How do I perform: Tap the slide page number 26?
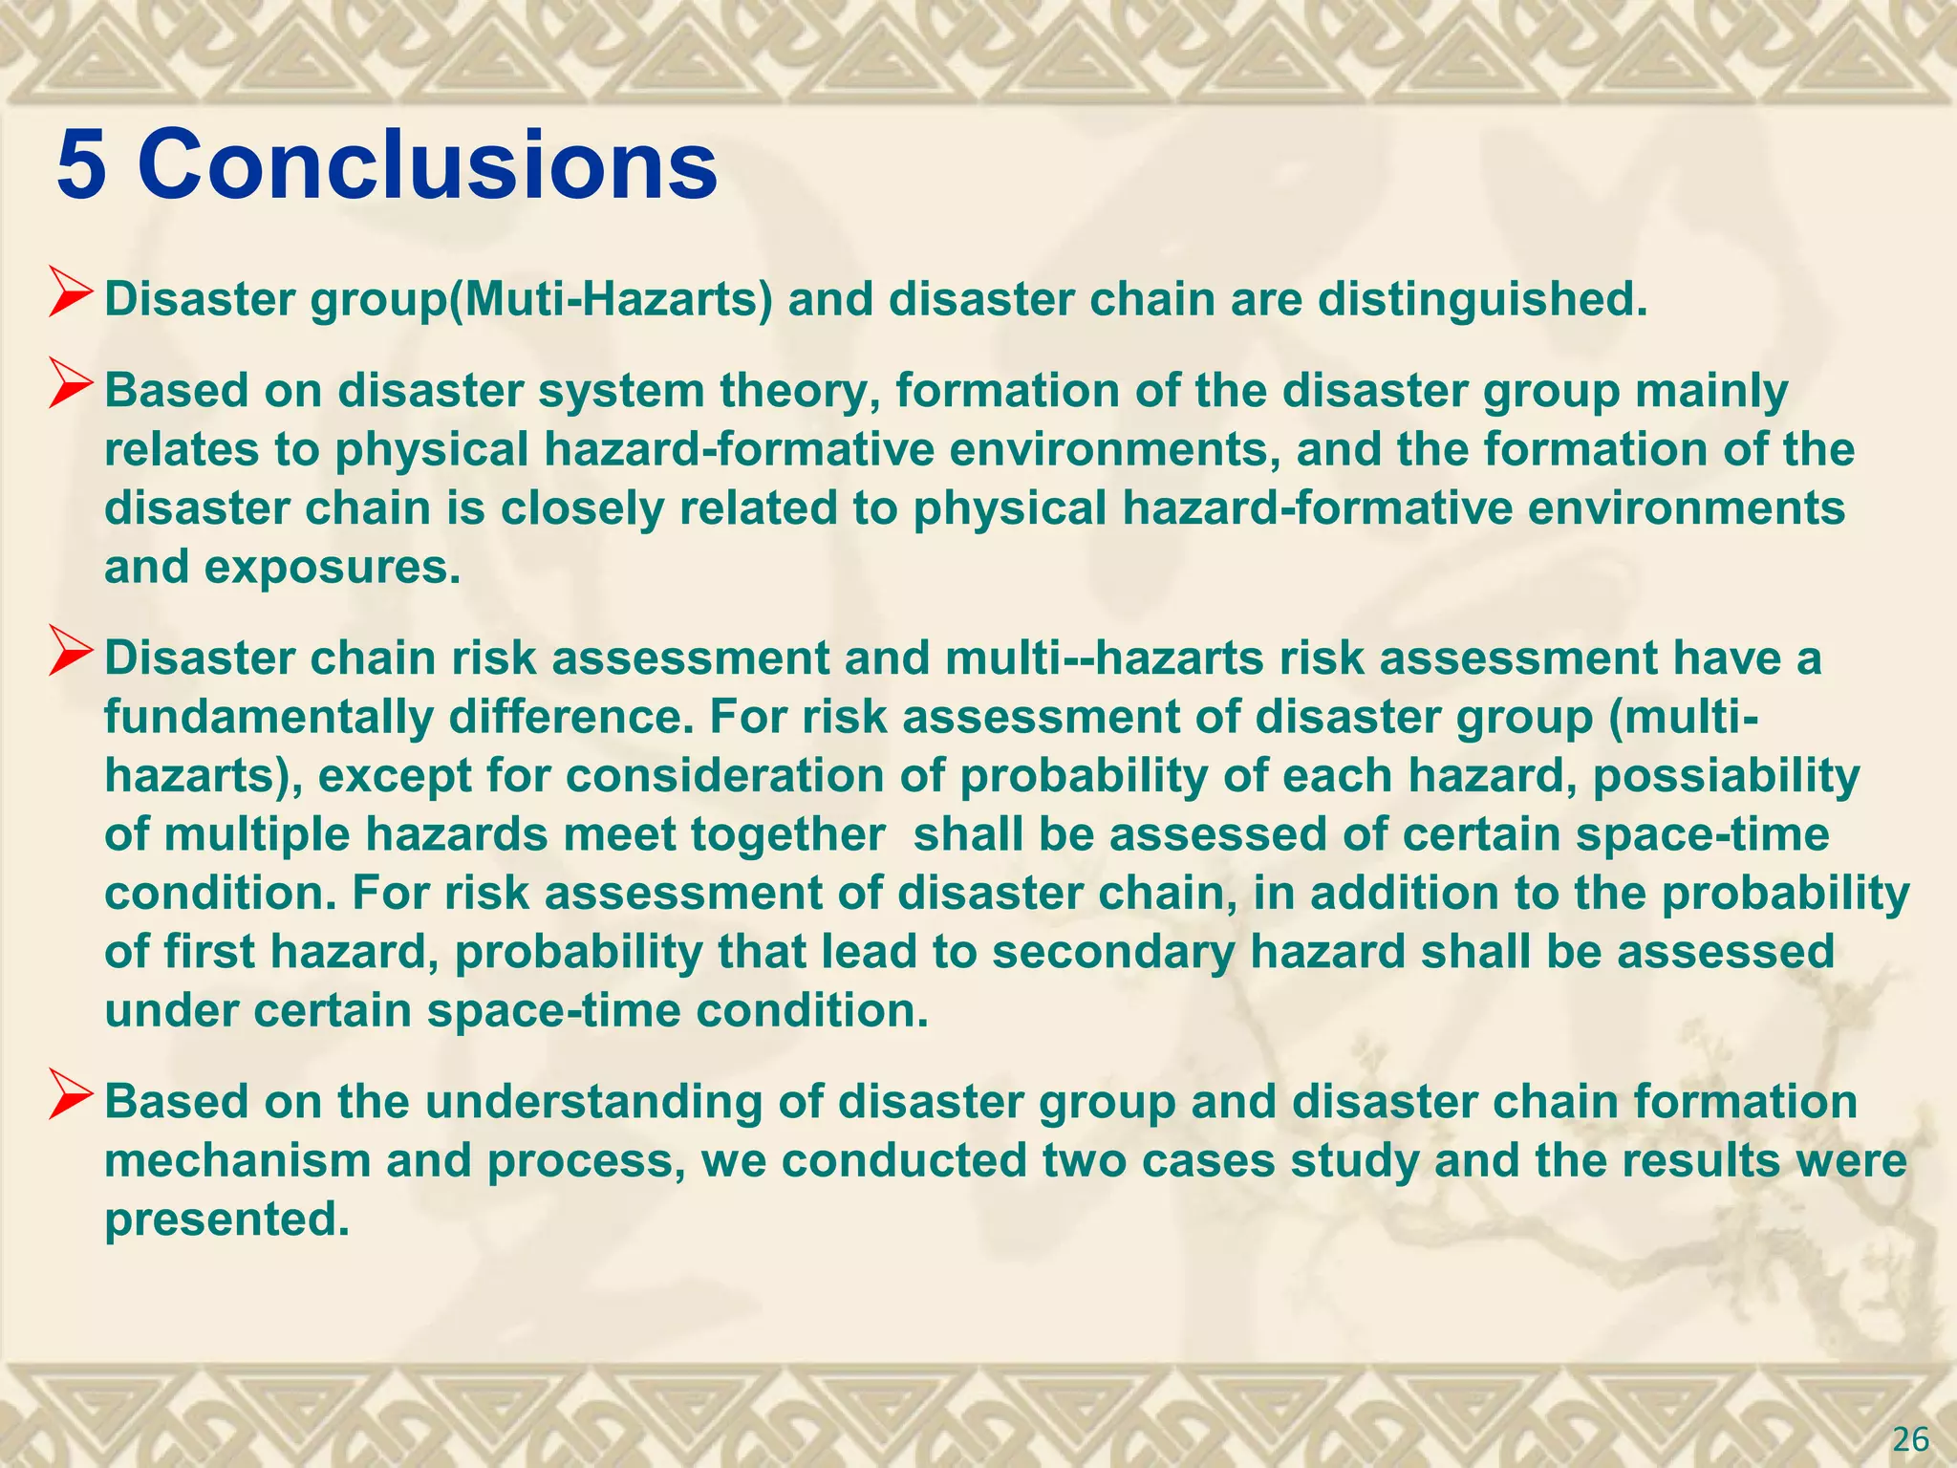tap(1910, 1438)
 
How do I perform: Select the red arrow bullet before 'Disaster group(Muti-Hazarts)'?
tap(72, 297)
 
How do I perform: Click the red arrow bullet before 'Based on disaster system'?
tap(72, 389)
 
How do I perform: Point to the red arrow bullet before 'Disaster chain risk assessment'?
tap(72, 657)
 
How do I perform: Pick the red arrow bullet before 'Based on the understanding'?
tap(72, 1100)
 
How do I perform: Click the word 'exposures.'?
tap(333, 568)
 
